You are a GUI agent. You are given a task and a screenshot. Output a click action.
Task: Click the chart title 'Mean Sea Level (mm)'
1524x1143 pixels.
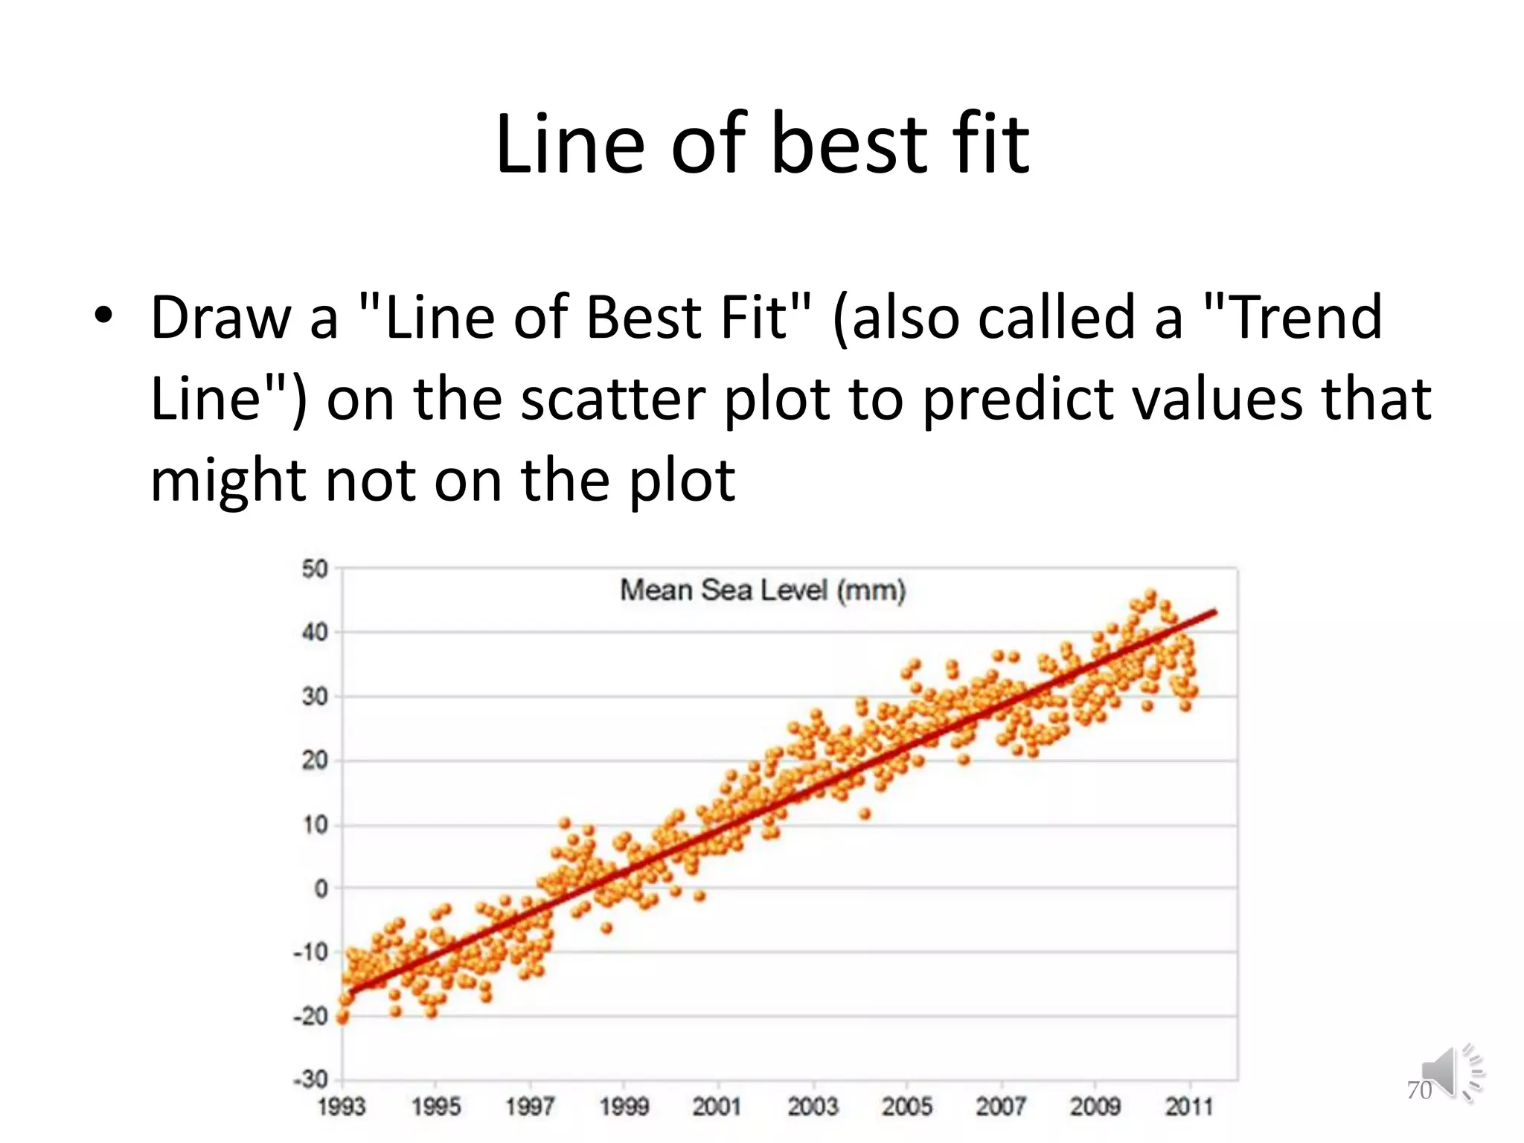click(763, 590)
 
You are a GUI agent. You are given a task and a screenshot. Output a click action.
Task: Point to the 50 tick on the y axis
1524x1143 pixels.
click(315, 569)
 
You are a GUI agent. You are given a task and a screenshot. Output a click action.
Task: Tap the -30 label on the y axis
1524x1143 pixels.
click(311, 1079)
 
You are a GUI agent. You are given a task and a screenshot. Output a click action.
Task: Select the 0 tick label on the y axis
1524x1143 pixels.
click(321, 888)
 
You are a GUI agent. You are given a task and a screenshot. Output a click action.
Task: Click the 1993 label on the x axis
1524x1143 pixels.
click(342, 1107)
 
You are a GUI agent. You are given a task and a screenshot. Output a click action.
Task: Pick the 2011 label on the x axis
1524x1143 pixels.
click(1188, 1107)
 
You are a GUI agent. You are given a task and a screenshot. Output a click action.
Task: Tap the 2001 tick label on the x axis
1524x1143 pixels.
click(717, 1107)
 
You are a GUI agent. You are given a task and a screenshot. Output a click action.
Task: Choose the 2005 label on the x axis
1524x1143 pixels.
click(906, 1107)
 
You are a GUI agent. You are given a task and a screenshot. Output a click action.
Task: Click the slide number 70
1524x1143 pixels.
click(1419, 1090)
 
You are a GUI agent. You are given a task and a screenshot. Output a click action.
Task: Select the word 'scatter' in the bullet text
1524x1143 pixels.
click(612, 399)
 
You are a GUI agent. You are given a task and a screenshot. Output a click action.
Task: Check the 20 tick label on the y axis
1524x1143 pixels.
click(315, 761)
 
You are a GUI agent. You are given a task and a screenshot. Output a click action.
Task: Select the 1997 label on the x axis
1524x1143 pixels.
click(530, 1107)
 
